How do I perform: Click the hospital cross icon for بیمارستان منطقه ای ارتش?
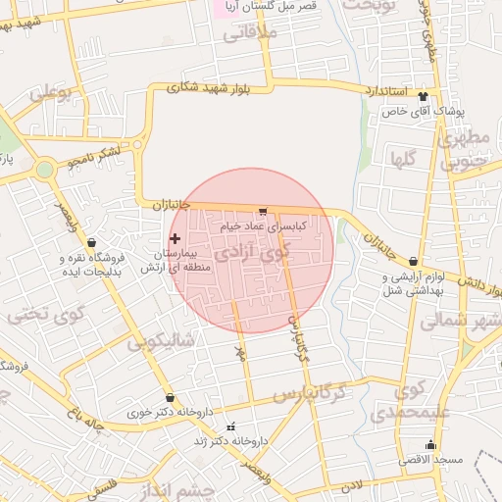pyautogui.click(x=175, y=238)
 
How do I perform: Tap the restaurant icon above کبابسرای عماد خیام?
pyautogui.click(x=262, y=211)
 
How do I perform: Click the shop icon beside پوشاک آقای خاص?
pyautogui.click(x=423, y=96)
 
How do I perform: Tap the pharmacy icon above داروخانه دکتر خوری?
pyautogui.click(x=172, y=398)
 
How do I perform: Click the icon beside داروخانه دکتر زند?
pyautogui.click(x=230, y=427)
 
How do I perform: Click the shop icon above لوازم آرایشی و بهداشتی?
pyautogui.click(x=412, y=262)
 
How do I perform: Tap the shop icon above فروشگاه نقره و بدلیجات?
pyautogui.click(x=91, y=242)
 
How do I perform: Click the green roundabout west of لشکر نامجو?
pyautogui.click(x=43, y=169)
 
